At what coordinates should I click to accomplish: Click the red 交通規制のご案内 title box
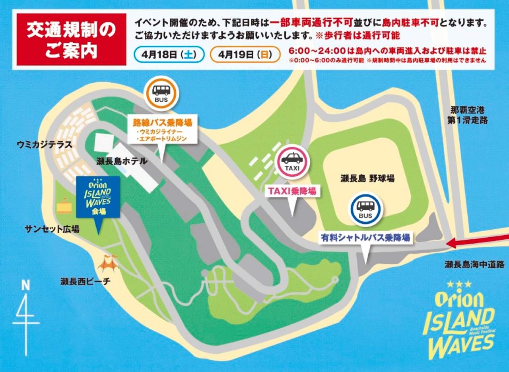[x=71, y=40]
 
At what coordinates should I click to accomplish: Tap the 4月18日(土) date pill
[x=169, y=54]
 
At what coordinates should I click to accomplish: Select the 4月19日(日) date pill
[x=245, y=54]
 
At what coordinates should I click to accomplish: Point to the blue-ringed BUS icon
[x=365, y=209]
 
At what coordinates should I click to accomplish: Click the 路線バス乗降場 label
[x=163, y=122]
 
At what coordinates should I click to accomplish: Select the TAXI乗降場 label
[x=292, y=192]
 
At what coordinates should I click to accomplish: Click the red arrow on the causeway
[x=477, y=241]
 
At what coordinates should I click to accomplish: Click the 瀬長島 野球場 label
[x=367, y=178]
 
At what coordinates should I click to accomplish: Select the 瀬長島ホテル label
[x=122, y=161]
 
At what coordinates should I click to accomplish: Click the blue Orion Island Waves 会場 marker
[x=98, y=197]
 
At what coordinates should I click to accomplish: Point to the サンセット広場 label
[x=52, y=229]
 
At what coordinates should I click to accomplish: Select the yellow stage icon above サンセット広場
[x=64, y=206]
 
